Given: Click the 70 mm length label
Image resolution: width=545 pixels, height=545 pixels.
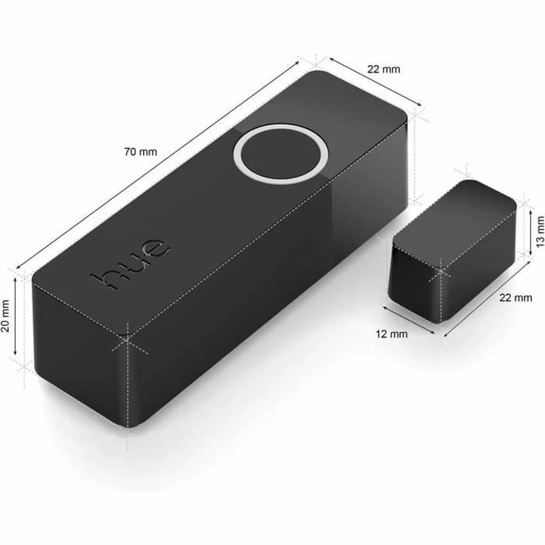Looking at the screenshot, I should pyautogui.click(x=140, y=152).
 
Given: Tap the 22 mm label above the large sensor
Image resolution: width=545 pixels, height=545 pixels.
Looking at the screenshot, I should pyautogui.click(x=384, y=69).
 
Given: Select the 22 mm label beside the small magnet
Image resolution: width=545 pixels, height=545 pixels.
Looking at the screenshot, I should pyautogui.click(x=515, y=298).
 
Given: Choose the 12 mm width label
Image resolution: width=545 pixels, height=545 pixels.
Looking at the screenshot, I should pyautogui.click(x=391, y=334).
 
